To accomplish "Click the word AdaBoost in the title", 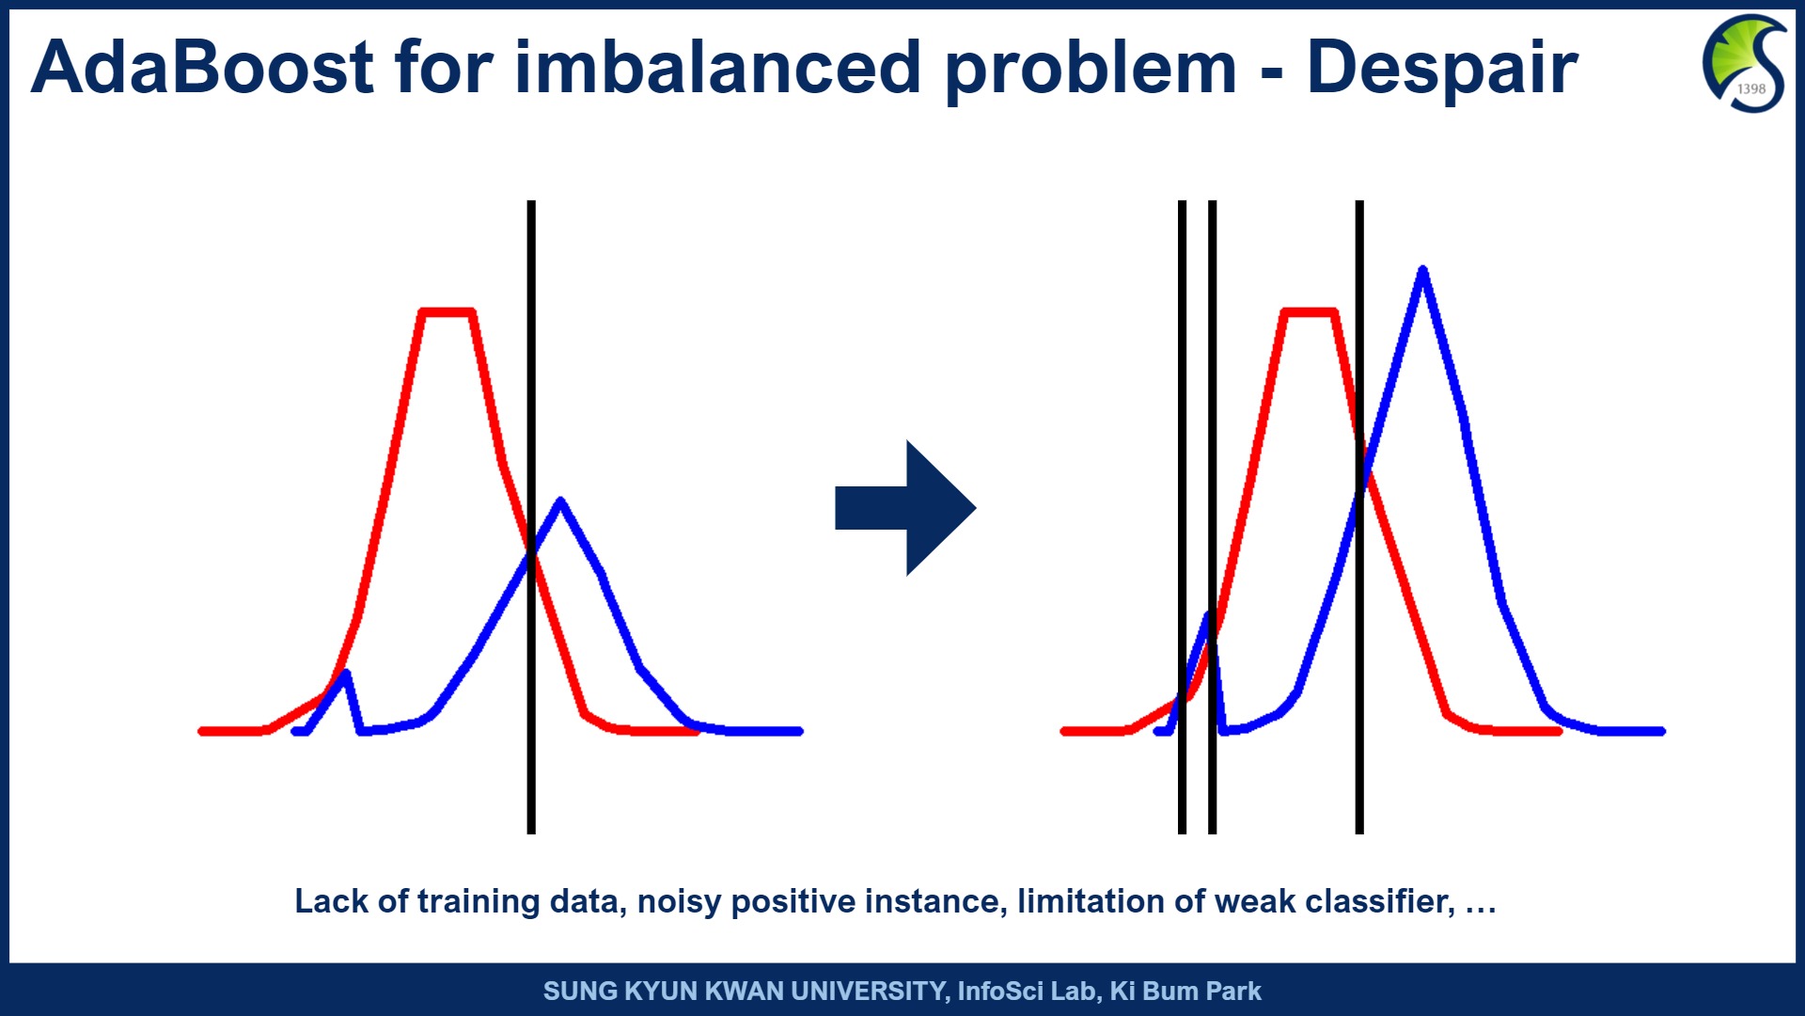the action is (203, 68).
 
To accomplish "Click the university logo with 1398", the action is (1744, 63).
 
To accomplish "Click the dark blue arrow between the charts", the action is (905, 508).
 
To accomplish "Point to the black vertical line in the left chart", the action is (531, 517).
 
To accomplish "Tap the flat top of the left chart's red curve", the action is (447, 311).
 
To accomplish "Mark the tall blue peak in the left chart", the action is (560, 501).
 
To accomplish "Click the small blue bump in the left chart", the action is (346, 674).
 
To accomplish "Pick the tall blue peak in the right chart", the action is (1422, 271).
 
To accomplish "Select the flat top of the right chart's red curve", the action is (1309, 311).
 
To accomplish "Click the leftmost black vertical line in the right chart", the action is (1182, 517).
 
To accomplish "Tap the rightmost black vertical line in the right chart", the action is (1359, 517).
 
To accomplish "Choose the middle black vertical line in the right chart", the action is (1212, 517).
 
